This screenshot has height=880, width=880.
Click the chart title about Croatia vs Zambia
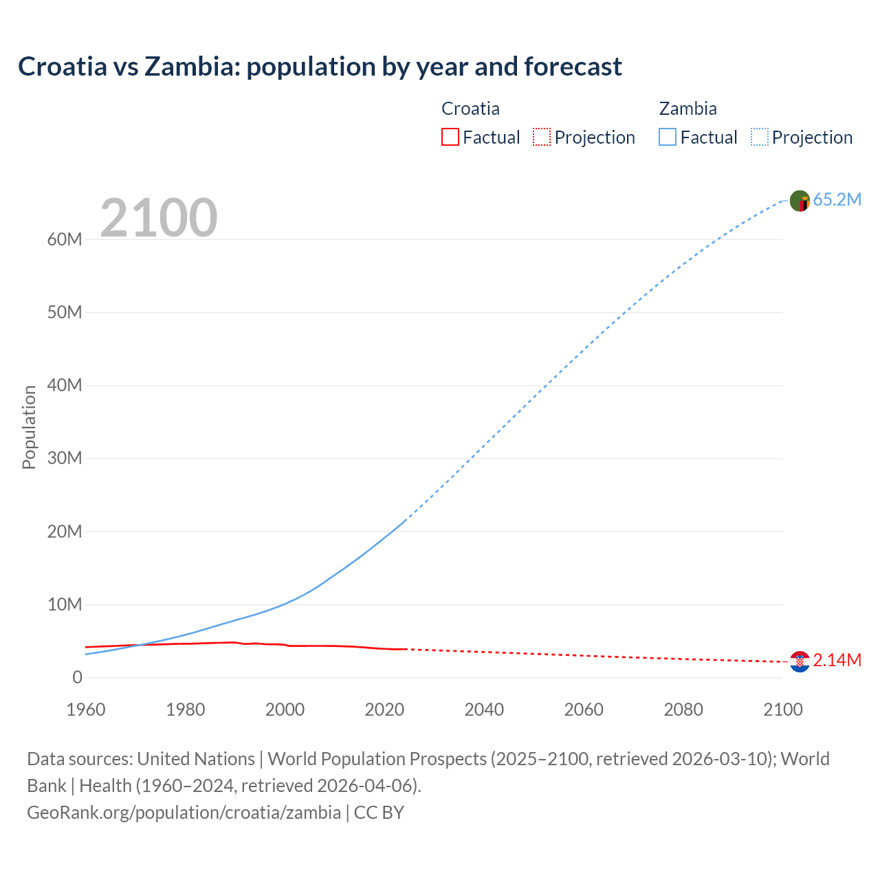coord(320,67)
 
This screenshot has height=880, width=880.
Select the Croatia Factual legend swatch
coord(450,137)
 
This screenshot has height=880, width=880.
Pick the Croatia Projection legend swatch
coord(542,137)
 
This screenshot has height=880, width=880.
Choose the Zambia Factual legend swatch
coord(668,137)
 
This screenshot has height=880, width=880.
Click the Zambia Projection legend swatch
coord(760,137)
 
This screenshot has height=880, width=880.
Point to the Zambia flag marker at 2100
coord(800,201)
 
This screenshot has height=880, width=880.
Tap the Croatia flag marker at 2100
coord(800,661)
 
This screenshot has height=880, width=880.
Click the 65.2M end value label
coord(837,200)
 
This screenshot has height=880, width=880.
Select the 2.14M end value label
coord(837,661)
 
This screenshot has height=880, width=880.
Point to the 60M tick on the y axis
coord(65,240)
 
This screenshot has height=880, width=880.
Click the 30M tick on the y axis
coord(65,459)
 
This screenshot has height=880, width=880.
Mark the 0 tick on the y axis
coord(77,678)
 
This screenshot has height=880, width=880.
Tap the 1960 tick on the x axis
coord(86,709)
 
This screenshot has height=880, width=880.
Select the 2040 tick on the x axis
coord(484,709)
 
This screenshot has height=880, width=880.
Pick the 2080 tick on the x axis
coord(683,709)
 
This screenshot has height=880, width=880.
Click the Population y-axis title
coord(29,427)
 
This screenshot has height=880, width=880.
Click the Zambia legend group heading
coord(687,109)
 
